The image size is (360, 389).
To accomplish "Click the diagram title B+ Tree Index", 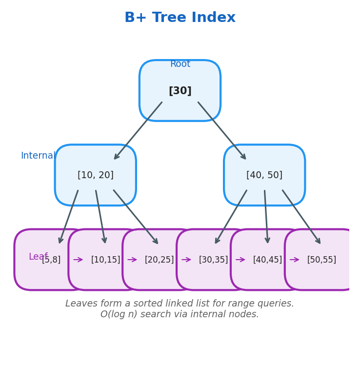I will tap(180, 18).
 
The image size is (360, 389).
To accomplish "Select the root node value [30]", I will tap(180, 91).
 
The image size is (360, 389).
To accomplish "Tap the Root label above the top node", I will tap(180, 64).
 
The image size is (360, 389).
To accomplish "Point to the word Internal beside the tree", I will tap(38, 156).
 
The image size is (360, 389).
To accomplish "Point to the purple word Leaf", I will tap(38, 257).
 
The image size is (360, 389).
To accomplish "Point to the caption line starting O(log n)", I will tap(180, 314).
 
